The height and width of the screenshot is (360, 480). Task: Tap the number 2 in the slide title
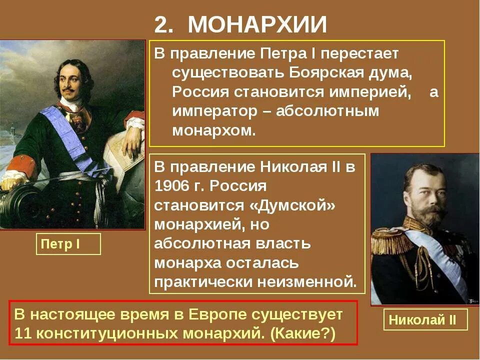click(160, 24)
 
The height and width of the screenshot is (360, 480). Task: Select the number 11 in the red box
click(23, 333)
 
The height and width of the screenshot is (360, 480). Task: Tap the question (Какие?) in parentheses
click(303, 333)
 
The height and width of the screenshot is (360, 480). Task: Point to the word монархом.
click(214, 131)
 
